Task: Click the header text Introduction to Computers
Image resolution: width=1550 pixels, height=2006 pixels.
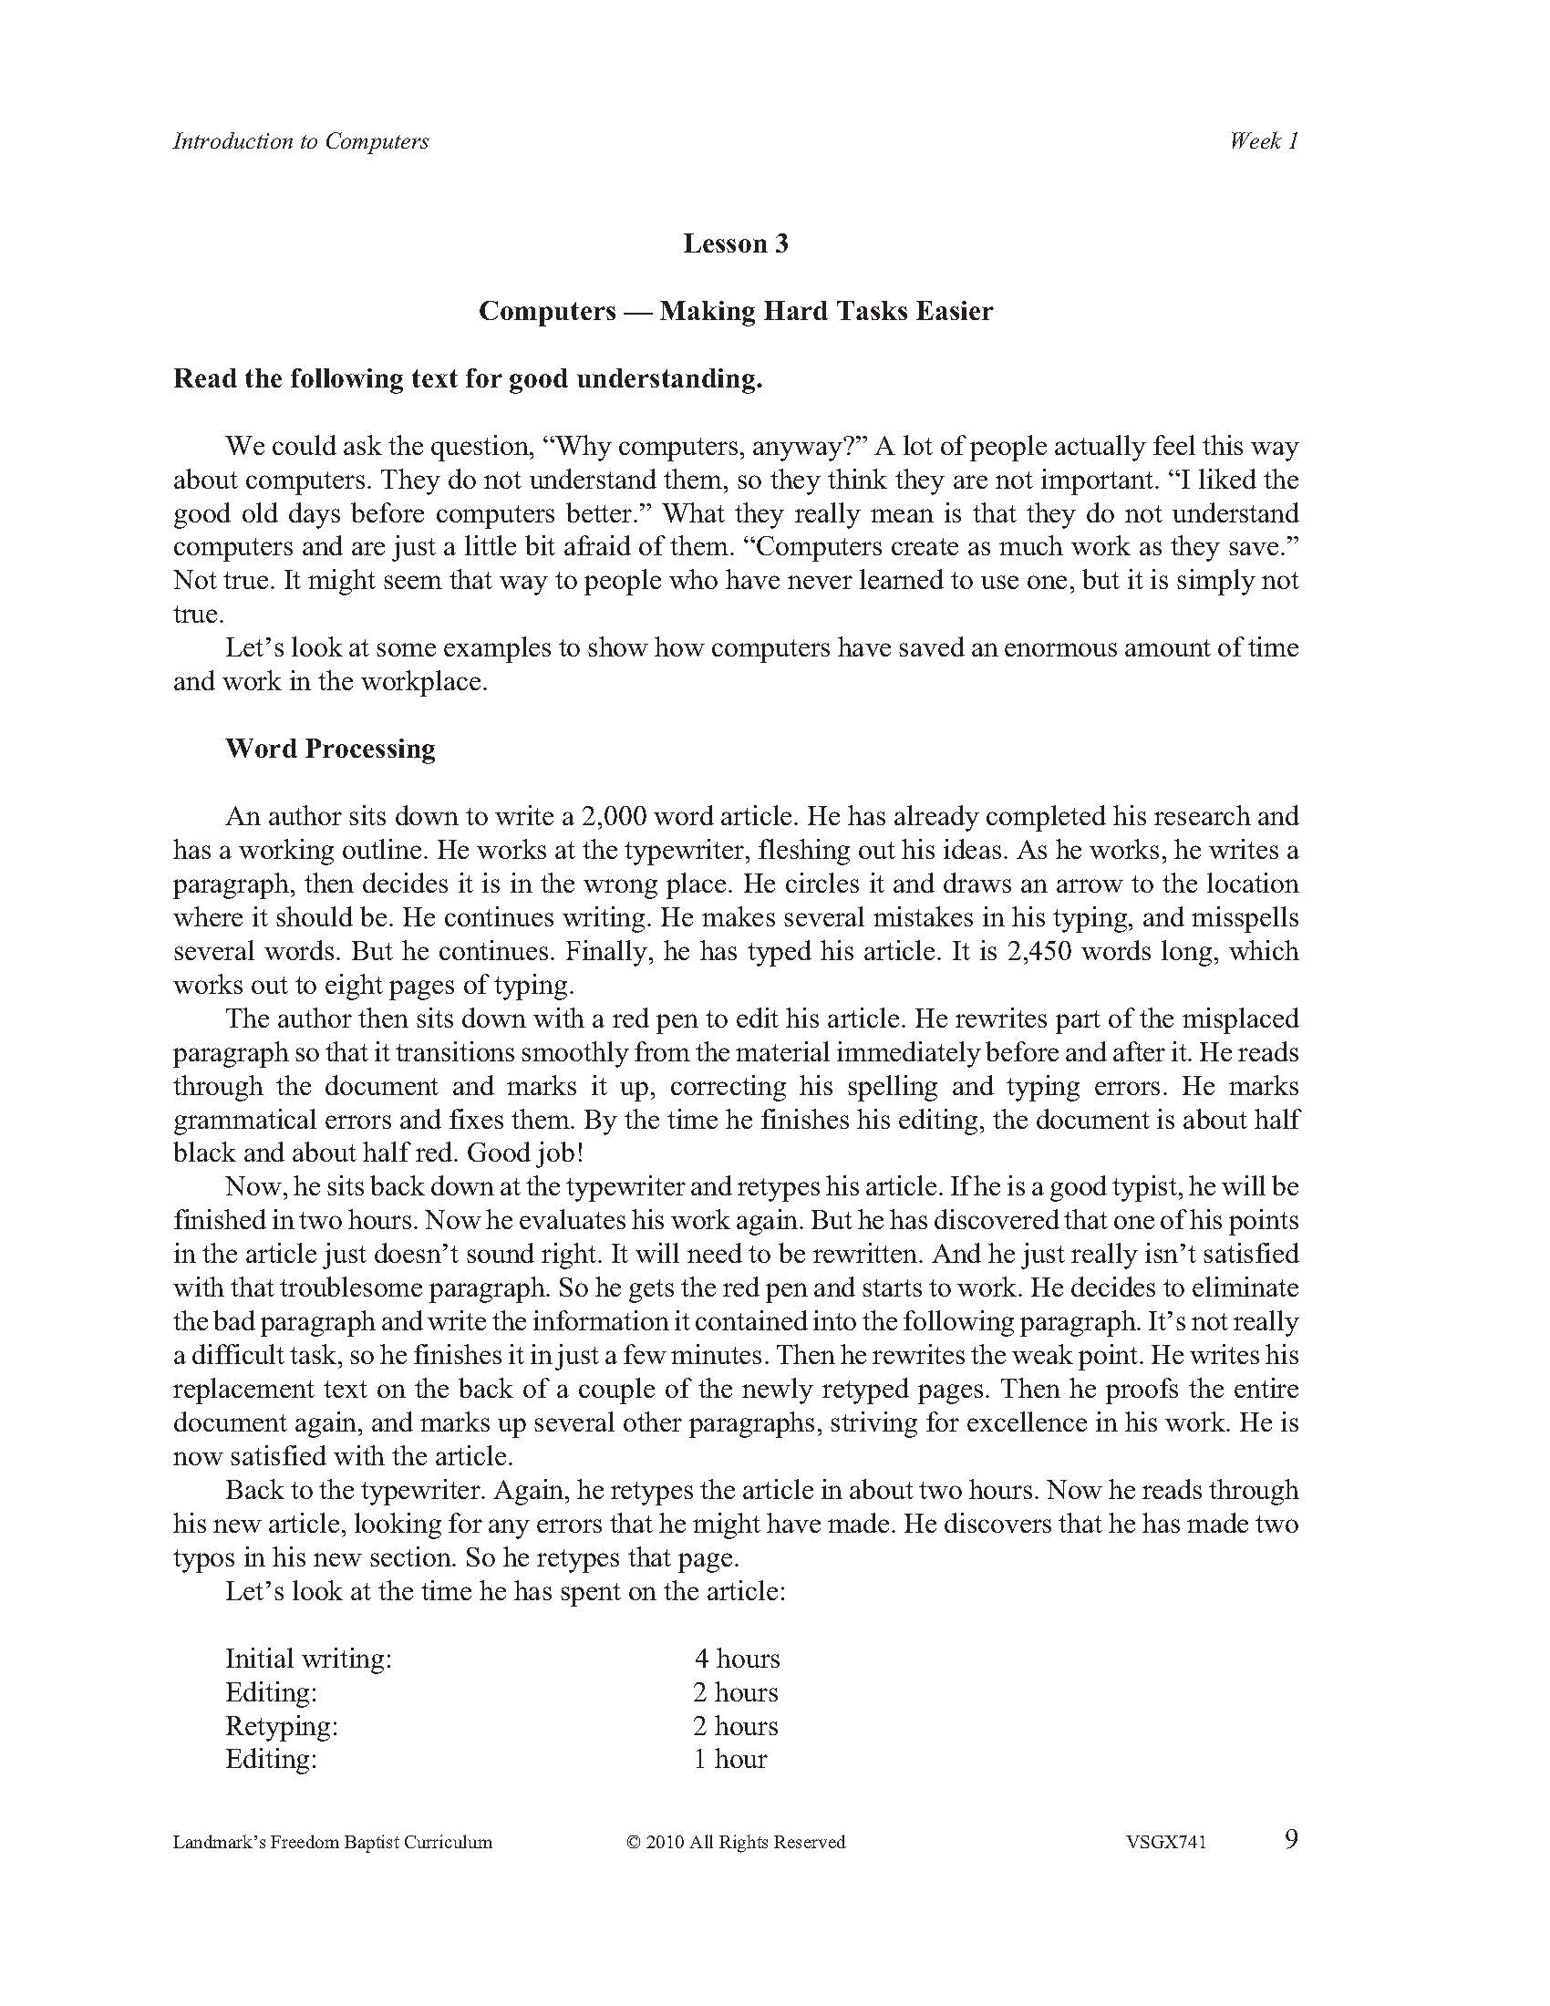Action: pos(300,141)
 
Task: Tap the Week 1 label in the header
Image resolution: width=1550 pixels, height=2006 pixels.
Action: pos(1264,141)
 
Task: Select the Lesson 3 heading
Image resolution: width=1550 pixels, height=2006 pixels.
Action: pos(736,243)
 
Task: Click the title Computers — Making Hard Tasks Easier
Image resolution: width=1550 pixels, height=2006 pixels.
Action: pos(736,311)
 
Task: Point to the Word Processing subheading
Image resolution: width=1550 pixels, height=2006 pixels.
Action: pos(331,749)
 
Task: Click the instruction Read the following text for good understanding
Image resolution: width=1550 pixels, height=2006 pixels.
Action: pos(468,379)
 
